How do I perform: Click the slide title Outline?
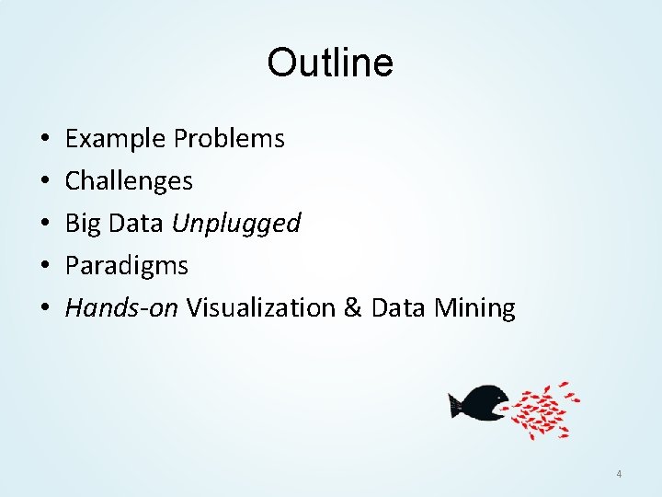[x=330, y=63]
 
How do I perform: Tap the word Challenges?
[x=129, y=181]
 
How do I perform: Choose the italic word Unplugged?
[x=236, y=224]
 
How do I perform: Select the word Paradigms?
[x=127, y=266]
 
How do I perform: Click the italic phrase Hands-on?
[x=122, y=307]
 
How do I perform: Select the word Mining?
[x=474, y=307]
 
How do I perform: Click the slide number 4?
[x=619, y=474]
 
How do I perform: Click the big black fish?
[x=479, y=403]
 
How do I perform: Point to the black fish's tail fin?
[x=454, y=403]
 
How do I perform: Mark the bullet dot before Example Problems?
[x=44, y=140]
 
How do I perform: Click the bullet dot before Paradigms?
[x=44, y=267]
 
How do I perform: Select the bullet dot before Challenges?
[x=44, y=182]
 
